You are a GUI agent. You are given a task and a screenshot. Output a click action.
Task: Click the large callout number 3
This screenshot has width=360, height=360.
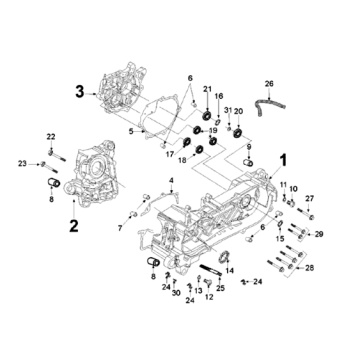tap(79, 92)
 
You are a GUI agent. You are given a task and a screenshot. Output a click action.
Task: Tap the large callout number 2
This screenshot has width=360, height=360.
tap(74, 226)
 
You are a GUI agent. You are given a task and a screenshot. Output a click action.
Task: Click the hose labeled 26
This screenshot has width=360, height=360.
tap(270, 106)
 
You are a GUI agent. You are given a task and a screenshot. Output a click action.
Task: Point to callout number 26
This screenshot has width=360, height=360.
tap(269, 84)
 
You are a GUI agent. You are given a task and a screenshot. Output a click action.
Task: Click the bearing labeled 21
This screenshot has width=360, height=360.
tap(207, 116)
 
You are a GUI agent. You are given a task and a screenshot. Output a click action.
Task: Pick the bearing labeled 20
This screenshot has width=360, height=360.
tap(238, 133)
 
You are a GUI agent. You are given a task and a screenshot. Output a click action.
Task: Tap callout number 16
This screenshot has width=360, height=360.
tap(219, 96)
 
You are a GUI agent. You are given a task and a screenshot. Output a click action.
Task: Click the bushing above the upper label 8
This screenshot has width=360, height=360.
tap(53, 183)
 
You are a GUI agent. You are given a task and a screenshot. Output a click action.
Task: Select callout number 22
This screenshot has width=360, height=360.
tap(51, 137)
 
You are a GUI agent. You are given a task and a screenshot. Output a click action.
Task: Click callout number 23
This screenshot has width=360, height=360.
tap(22, 163)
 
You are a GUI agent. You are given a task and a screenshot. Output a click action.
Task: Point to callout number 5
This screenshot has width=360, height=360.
tap(131, 132)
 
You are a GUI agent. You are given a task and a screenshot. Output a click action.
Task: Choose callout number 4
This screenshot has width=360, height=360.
tap(171, 180)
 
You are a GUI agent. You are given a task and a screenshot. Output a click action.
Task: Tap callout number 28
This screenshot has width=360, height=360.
tap(310, 268)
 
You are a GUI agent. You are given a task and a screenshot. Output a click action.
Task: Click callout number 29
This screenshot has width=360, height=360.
tap(319, 234)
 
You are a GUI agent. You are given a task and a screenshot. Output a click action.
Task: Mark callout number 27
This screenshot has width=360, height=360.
tap(310, 199)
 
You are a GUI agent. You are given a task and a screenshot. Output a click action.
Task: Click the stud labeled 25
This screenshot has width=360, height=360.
tap(211, 270)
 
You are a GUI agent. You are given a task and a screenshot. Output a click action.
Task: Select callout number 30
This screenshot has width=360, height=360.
tap(176, 293)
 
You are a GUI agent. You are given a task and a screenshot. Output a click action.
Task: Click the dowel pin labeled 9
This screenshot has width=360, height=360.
tap(247, 163)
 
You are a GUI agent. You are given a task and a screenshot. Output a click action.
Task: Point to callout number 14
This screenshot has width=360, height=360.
tap(230, 271)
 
